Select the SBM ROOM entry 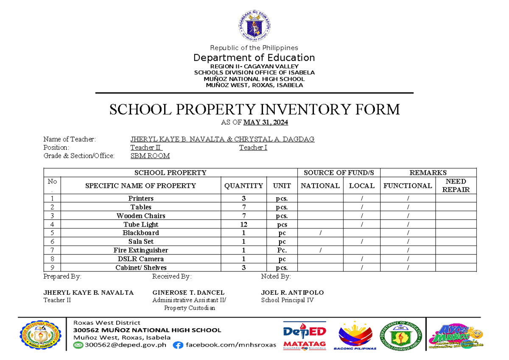[x=150, y=156]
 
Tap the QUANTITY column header [x=243, y=186]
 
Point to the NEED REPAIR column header [x=456, y=186]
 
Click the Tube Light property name [x=141, y=224]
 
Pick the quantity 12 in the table [x=243, y=224]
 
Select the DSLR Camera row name [x=141, y=259]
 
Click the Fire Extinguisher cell [x=141, y=250]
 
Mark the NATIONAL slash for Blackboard [x=320, y=233]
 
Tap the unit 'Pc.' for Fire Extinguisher [x=282, y=250]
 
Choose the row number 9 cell [x=52, y=268]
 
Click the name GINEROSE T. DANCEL [x=188, y=293]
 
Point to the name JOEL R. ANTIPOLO [x=292, y=293]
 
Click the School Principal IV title [x=288, y=300]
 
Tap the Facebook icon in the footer [x=178, y=345]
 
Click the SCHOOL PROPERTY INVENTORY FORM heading [x=255, y=109]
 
